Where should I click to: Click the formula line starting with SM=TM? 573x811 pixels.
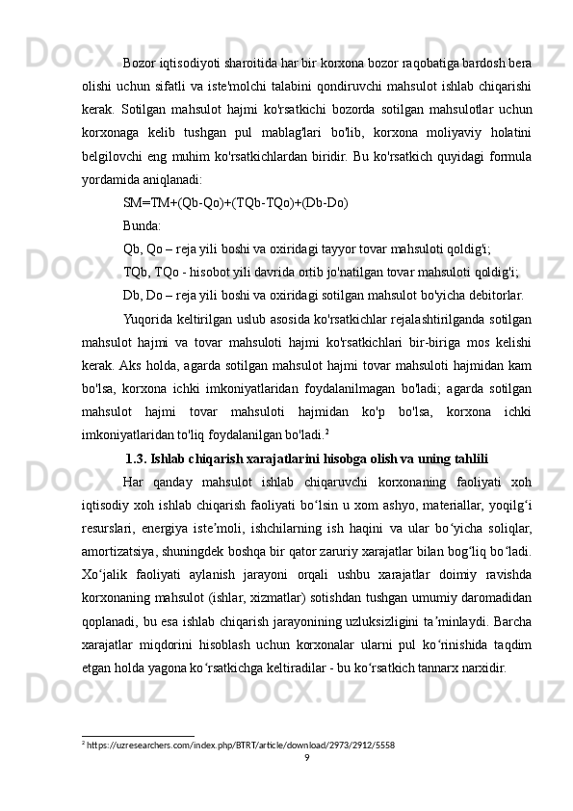click(x=236, y=203)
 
